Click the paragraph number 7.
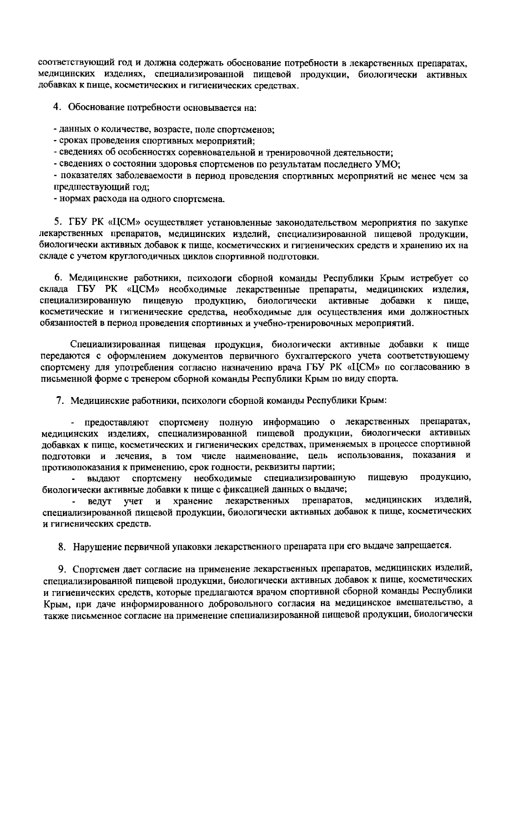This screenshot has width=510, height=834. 60,400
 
